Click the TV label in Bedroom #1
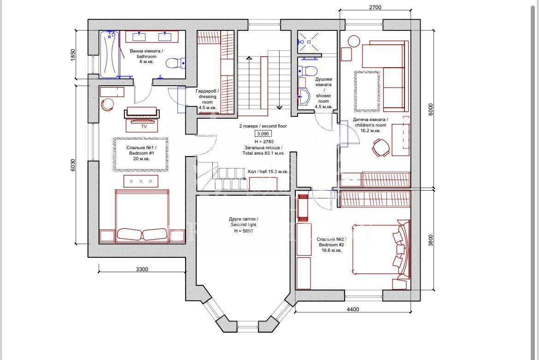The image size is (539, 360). [x=144, y=127]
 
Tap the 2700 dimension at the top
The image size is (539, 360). [x=375, y=7]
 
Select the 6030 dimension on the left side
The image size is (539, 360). [x=72, y=165]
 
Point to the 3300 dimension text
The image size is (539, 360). [x=142, y=269]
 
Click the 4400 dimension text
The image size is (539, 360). [x=353, y=309]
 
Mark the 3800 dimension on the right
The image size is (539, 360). [x=431, y=240]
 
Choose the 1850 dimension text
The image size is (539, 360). [x=72, y=55]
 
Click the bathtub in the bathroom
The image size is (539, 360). [x=110, y=54]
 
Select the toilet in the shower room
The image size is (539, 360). [x=307, y=71]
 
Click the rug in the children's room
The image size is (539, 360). [x=367, y=91]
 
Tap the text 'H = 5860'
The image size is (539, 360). [x=243, y=231]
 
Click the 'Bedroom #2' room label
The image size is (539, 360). [x=331, y=245]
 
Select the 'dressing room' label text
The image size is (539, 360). [x=207, y=99]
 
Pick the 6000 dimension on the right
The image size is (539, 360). [x=431, y=109]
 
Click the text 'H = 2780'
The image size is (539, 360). [x=264, y=141]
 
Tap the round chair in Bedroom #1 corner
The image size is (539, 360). [x=108, y=105]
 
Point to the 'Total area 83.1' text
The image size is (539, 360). [x=264, y=153]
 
